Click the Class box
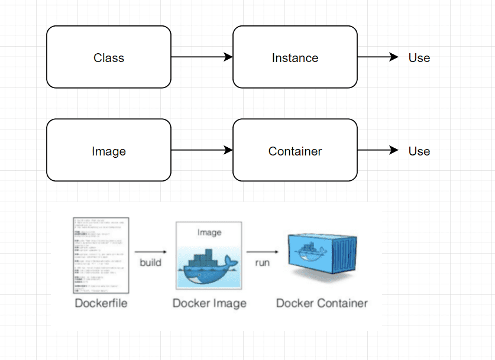(109, 57)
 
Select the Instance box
(295, 57)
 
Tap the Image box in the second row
(109, 151)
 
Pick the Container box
(295, 151)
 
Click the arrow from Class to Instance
(202, 57)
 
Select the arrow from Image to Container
(202, 151)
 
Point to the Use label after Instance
(419, 58)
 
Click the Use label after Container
(419, 151)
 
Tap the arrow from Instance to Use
(378, 57)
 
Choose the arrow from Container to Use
(378, 151)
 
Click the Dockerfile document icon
(101, 255)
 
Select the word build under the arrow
(150, 262)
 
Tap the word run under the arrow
(262, 262)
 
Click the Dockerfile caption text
(101, 303)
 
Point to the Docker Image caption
(209, 303)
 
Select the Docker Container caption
(322, 303)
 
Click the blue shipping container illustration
(321, 257)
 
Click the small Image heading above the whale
(209, 232)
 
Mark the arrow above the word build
(150, 251)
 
